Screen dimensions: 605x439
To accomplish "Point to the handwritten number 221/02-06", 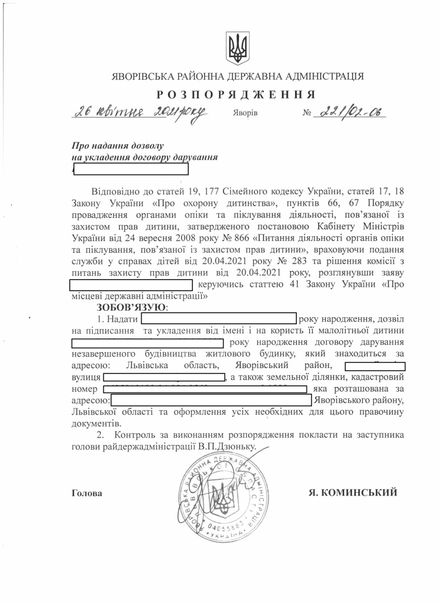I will pos(350,112).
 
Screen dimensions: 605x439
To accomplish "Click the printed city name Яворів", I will pos(245,112).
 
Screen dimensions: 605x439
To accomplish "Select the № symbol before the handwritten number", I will pos(306,112).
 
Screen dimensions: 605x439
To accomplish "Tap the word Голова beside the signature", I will pos(86,493).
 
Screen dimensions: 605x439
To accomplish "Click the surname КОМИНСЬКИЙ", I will pos(360,492).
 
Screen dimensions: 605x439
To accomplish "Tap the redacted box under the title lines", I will pos(130,169).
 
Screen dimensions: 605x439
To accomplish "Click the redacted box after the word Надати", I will pos(219,319).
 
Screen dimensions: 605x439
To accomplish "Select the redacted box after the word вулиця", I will pos(165,376).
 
